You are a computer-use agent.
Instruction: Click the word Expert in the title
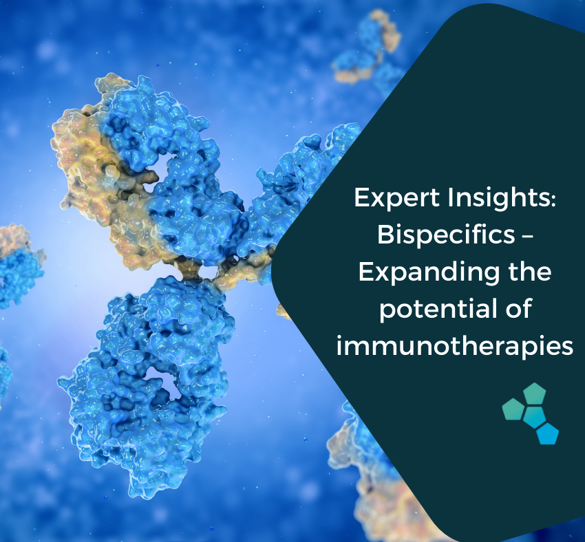397,198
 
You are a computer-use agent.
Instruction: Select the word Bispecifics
446,236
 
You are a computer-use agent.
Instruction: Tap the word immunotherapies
455,346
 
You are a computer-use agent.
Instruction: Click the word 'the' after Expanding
530,271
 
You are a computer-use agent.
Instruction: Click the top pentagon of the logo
535,393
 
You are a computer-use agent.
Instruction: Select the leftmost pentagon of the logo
513,409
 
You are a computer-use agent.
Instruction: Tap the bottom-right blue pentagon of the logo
547,434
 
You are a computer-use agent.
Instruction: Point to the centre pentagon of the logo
534,417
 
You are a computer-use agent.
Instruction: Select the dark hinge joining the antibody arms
194,269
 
